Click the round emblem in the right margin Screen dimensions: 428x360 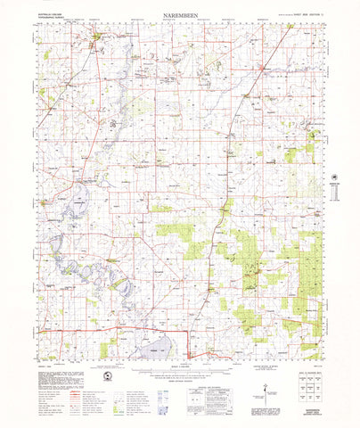[x=335, y=178]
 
